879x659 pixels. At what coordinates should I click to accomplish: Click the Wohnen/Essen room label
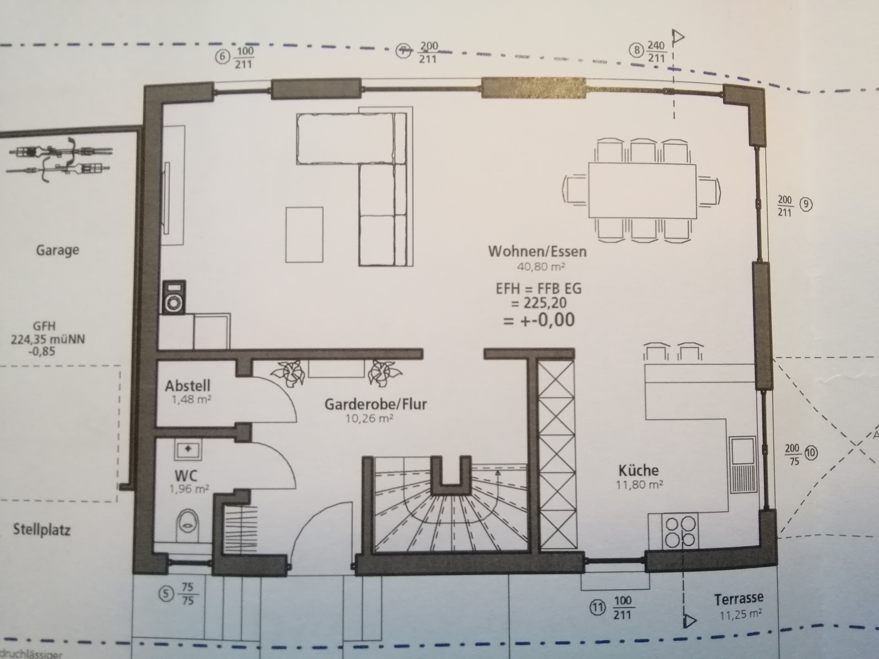pyautogui.click(x=537, y=251)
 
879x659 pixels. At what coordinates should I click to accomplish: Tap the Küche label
pyautogui.click(x=638, y=470)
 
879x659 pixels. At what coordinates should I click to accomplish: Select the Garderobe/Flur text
pyautogui.click(x=375, y=404)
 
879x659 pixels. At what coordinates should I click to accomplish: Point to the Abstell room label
pyautogui.click(x=188, y=386)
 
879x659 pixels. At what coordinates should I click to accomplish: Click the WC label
pyautogui.click(x=186, y=475)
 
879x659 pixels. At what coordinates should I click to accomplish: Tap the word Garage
pyautogui.click(x=58, y=250)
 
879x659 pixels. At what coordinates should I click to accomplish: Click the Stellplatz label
pyautogui.click(x=42, y=530)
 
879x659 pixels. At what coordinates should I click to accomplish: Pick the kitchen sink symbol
pyautogui.click(x=743, y=465)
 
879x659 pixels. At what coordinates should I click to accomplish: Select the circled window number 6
pyautogui.click(x=222, y=57)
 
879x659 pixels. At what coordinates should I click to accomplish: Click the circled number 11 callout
pyautogui.click(x=597, y=608)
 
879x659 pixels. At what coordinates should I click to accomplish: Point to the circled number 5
pyautogui.click(x=166, y=594)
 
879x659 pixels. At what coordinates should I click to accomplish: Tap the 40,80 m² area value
pyautogui.click(x=541, y=266)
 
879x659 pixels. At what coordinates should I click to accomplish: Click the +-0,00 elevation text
pyautogui.click(x=538, y=320)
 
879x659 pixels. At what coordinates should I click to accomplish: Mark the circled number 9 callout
pyautogui.click(x=806, y=204)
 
